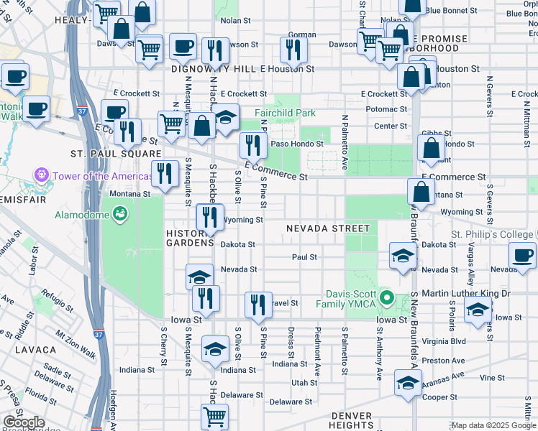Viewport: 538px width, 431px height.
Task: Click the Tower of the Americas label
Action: pyautogui.click(x=91, y=176)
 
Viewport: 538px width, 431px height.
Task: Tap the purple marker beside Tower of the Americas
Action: pyautogui.click(x=41, y=175)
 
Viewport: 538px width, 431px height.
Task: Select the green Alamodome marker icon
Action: pyautogui.click(x=119, y=213)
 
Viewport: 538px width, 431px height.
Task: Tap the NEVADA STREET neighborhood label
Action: pyautogui.click(x=327, y=228)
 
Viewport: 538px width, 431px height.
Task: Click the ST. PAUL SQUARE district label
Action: pyautogui.click(x=115, y=154)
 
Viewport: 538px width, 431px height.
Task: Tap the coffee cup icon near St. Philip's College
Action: pyautogui.click(x=521, y=255)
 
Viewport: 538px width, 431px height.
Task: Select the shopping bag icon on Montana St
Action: pyautogui.click(x=421, y=191)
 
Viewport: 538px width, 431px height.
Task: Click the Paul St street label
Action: pyautogui.click(x=304, y=256)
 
